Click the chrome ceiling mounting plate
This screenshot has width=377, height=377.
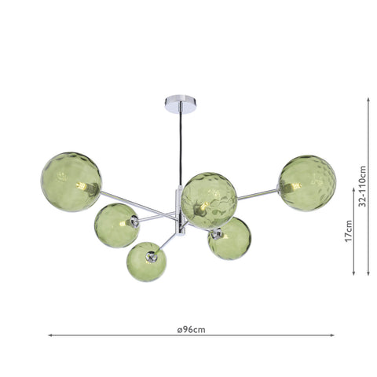(x=181, y=104)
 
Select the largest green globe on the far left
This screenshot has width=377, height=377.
(x=71, y=182)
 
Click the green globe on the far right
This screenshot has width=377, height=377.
(x=307, y=183)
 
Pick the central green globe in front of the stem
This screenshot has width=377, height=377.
(x=209, y=200)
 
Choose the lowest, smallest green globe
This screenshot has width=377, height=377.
(x=146, y=262)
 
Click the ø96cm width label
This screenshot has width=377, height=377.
(x=191, y=330)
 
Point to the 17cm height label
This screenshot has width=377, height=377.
(x=349, y=231)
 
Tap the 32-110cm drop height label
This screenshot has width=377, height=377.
(x=362, y=186)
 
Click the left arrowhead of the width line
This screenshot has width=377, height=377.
(x=50, y=335)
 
